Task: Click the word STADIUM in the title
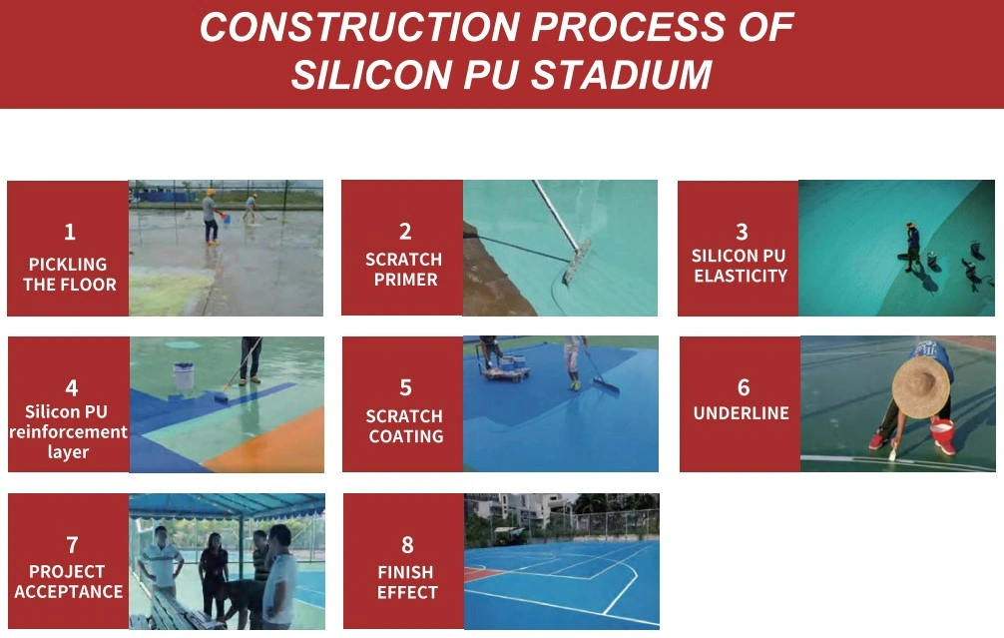pos(621,74)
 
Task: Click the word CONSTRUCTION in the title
pos(359,27)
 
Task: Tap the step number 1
pos(70,232)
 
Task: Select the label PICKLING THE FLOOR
pos(69,275)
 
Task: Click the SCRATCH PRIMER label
pos(404,269)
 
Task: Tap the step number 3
pos(742,232)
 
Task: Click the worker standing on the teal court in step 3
pos(912,247)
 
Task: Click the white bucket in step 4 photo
pos(183,378)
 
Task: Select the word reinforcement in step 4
pos(69,431)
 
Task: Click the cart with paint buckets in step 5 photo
pos(506,367)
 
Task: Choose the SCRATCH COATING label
pos(404,426)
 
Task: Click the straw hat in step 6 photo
pos(921,387)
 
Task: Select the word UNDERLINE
pos(742,413)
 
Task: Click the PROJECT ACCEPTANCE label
pos(69,581)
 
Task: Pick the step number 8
pos(407,544)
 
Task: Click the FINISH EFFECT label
pos(406,582)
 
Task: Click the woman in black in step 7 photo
pos(214,573)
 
